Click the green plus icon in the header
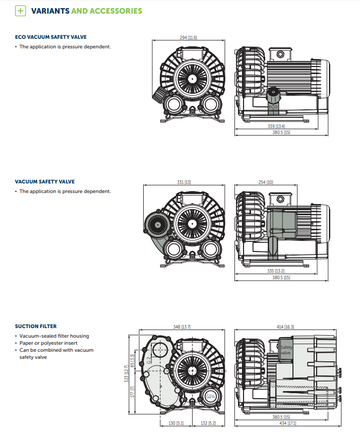point(21,11)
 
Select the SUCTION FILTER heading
point(36,326)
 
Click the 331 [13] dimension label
point(184,182)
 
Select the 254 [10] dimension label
point(266,182)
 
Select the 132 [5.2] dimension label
point(208,423)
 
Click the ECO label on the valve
point(273,107)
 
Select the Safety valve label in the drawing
point(286,350)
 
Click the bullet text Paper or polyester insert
point(48,343)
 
